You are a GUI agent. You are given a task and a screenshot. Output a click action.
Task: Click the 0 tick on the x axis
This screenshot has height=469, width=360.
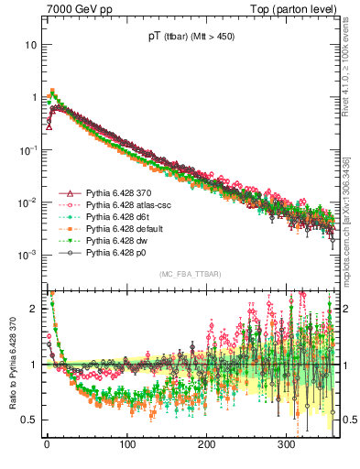point(47,443)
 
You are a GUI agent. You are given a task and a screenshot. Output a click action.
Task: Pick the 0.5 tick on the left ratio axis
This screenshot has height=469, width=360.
point(29,420)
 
